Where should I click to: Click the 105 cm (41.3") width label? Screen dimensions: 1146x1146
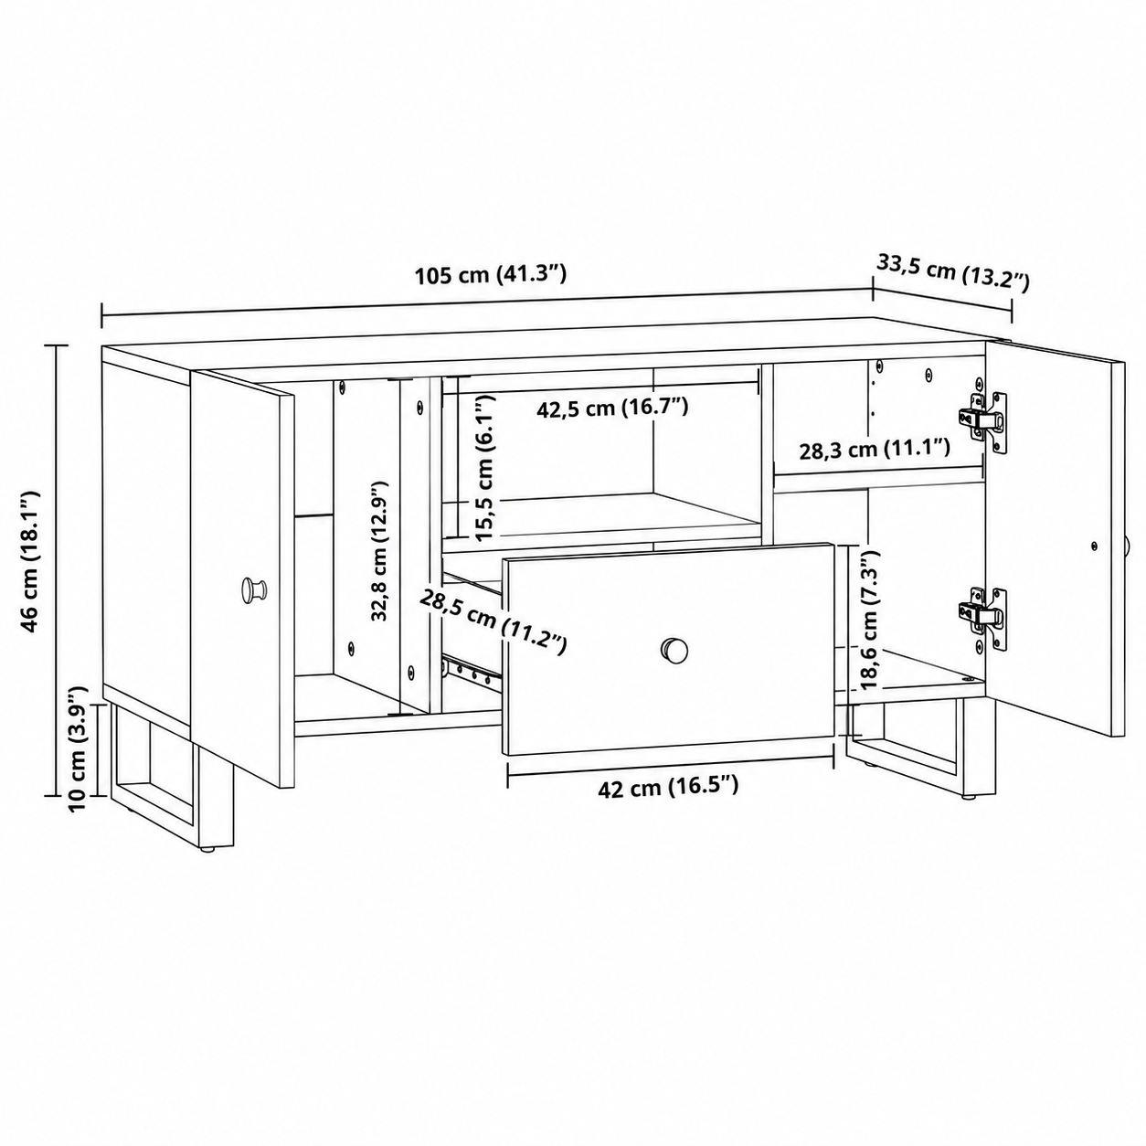[490, 275]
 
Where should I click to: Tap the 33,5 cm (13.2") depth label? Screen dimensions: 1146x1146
[953, 273]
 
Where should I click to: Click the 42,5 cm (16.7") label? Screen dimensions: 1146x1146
[612, 409]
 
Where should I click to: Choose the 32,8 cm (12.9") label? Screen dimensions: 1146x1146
[379, 551]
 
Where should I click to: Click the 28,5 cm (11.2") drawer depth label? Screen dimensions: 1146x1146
[493, 621]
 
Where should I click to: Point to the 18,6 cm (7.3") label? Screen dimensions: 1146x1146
[869, 619]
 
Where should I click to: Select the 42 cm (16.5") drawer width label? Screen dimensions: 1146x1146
[668, 788]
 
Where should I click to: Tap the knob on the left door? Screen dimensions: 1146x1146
[254, 589]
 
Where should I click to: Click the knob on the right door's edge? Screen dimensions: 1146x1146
[1128, 546]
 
